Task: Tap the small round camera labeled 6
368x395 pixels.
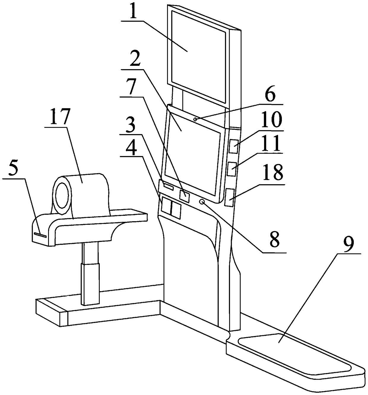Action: click(195, 119)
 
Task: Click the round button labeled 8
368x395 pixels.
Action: click(202, 202)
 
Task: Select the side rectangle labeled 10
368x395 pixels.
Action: click(234, 146)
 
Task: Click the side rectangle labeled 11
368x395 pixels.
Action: click(232, 169)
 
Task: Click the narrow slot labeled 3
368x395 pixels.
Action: click(168, 187)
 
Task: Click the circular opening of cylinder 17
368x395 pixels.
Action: click(63, 196)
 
